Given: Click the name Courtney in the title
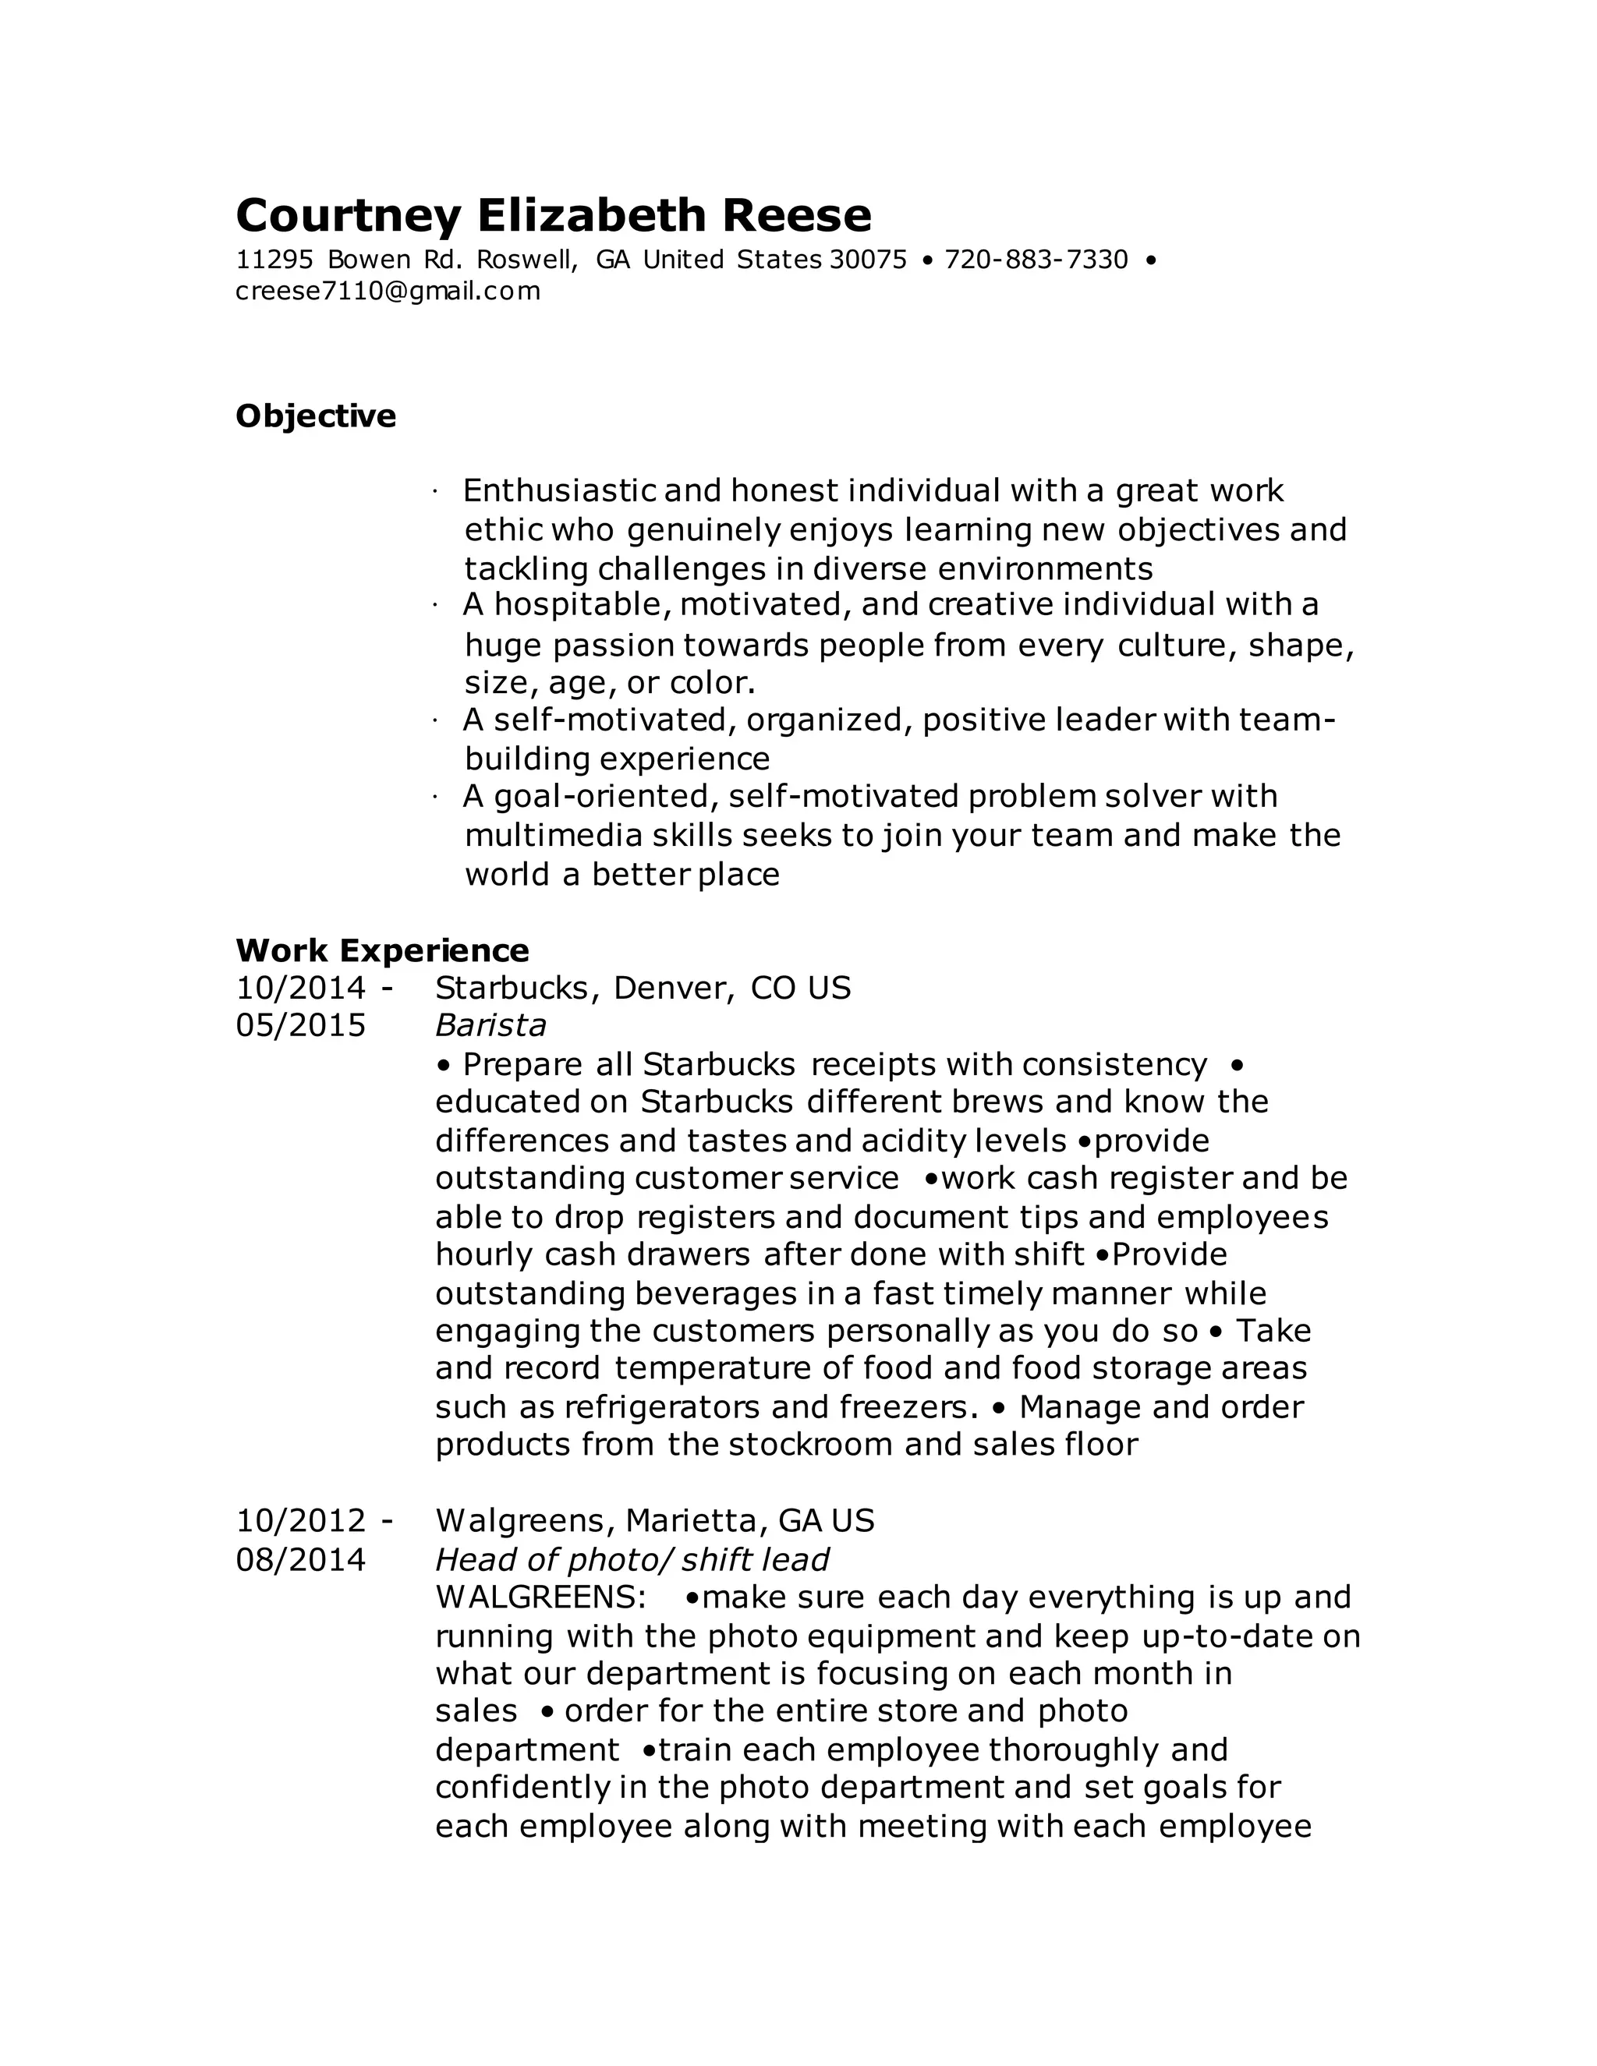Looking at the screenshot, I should click(347, 217).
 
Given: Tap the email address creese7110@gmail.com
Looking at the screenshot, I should click(388, 292).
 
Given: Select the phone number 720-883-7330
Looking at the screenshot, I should click(1037, 260).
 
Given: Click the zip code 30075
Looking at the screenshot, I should click(868, 260).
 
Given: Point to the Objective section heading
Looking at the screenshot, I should click(316, 416).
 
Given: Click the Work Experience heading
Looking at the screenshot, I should click(382, 950).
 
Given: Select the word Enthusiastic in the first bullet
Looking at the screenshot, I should click(558, 491).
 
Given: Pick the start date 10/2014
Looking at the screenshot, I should click(301, 989).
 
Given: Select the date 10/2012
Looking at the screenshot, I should click(301, 1521).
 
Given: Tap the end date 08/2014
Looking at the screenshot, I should click(301, 1560).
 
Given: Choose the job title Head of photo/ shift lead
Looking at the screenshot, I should click(632, 1560).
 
